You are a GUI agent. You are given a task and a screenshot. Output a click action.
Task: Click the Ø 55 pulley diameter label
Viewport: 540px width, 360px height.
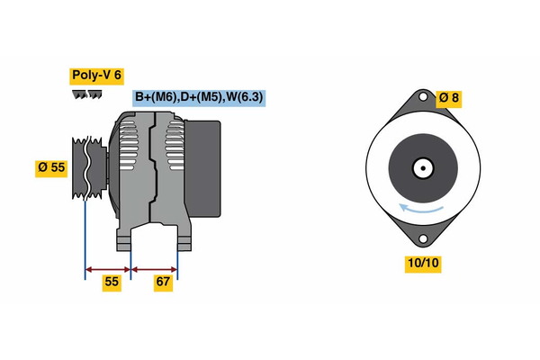coord(52,168)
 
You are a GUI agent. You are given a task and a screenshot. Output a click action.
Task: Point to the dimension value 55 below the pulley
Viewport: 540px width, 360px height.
coord(112,283)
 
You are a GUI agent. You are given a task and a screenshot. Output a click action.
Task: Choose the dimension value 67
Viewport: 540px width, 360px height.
coord(163,283)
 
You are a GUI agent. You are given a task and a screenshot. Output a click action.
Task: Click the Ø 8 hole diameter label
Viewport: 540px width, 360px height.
coord(447,98)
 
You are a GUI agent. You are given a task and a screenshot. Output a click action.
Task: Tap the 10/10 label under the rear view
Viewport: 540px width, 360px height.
coord(422,264)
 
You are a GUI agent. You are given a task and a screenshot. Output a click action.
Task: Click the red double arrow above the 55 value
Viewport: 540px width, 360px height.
coord(108,268)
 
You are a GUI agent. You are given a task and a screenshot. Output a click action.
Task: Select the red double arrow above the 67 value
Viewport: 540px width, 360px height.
coord(154,268)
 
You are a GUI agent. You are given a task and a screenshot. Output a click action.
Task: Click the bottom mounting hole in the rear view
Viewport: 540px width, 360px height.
coord(422,238)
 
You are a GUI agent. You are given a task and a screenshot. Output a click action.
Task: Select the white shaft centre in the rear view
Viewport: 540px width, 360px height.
coord(421,168)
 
